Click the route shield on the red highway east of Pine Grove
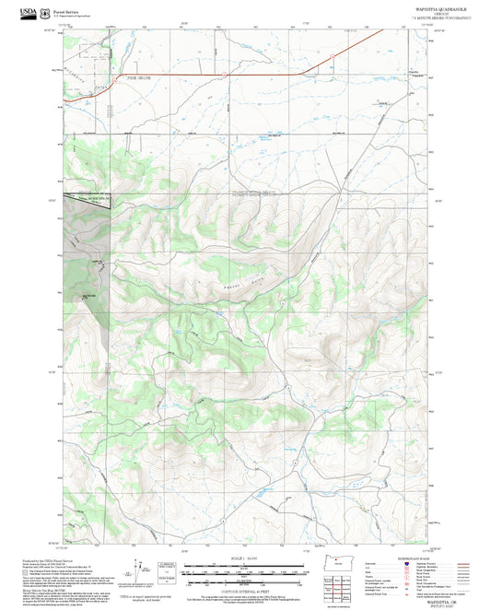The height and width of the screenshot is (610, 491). [x=222, y=73]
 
